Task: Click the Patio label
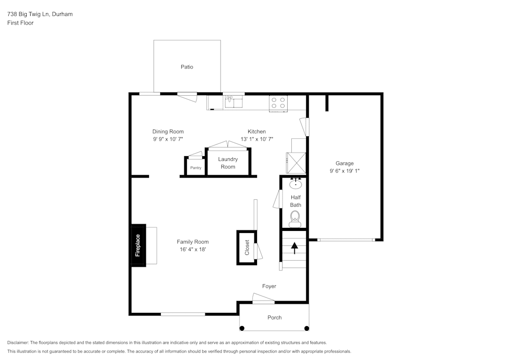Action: tap(187, 67)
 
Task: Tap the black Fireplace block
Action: tap(138, 245)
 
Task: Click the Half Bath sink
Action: tap(295, 184)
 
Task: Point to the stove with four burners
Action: tap(279, 103)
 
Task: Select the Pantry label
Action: tap(196, 168)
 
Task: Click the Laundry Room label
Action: tap(228, 163)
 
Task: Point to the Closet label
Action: tap(247, 248)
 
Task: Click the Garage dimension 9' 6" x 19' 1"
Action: tap(345, 172)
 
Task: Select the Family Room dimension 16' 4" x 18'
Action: tap(193, 250)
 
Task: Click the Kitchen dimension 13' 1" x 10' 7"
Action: tap(257, 139)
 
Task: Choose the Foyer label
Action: tap(269, 286)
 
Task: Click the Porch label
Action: tap(274, 317)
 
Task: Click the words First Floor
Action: tap(20, 23)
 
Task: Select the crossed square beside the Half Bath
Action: tap(296, 162)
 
